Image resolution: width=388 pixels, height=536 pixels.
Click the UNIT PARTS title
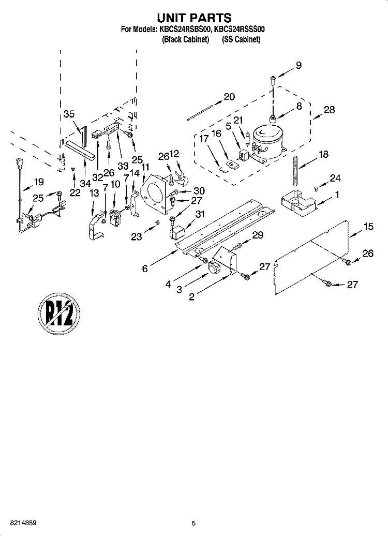coord(194,18)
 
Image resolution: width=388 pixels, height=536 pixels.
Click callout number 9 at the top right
coord(299,65)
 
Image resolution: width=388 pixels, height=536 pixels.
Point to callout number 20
coord(229,97)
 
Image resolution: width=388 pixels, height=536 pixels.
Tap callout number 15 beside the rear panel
coord(368,226)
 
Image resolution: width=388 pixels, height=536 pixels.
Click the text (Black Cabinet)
coord(185,40)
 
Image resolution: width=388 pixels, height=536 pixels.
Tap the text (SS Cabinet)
coord(241,40)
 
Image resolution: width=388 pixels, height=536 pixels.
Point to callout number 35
coord(69,114)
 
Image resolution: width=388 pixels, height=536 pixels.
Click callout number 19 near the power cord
coord(39,182)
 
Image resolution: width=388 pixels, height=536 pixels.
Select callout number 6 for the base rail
coord(145,269)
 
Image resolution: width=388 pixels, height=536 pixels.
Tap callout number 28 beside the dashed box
coord(329,110)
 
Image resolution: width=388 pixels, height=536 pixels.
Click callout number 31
coord(200,214)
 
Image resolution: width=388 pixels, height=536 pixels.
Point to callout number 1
coord(337,195)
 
